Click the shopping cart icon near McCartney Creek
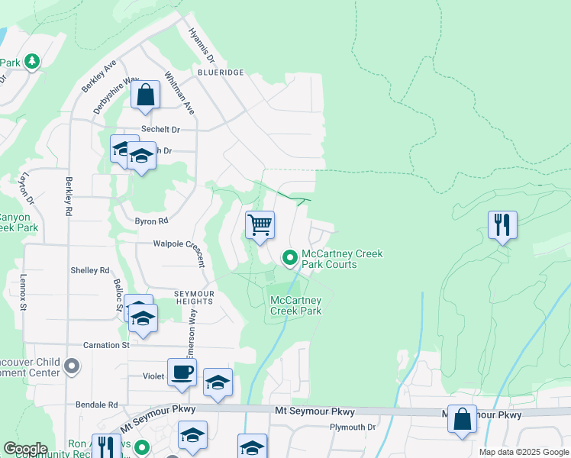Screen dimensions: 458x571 [x=260, y=226]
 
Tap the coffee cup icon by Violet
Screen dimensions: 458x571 [x=182, y=373]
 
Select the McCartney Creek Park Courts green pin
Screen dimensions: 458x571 [x=290, y=259]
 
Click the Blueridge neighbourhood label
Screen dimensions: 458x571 [x=220, y=72]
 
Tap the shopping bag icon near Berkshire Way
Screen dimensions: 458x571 [x=146, y=96]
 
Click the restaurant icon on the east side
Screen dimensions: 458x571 [x=502, y=225]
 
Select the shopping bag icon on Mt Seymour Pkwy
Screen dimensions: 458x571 [x=462, y=420]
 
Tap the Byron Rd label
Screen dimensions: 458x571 [x=151, y=221]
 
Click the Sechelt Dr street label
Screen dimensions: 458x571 [x=160, y=130]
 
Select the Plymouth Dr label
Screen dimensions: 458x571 [x=353, y=427]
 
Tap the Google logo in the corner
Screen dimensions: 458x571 [x=25, y=449]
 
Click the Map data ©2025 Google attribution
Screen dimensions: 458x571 [x=524, y=452]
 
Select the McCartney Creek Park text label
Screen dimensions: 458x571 [x=296, y=305]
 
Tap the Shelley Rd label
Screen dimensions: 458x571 [x=90, y=270]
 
